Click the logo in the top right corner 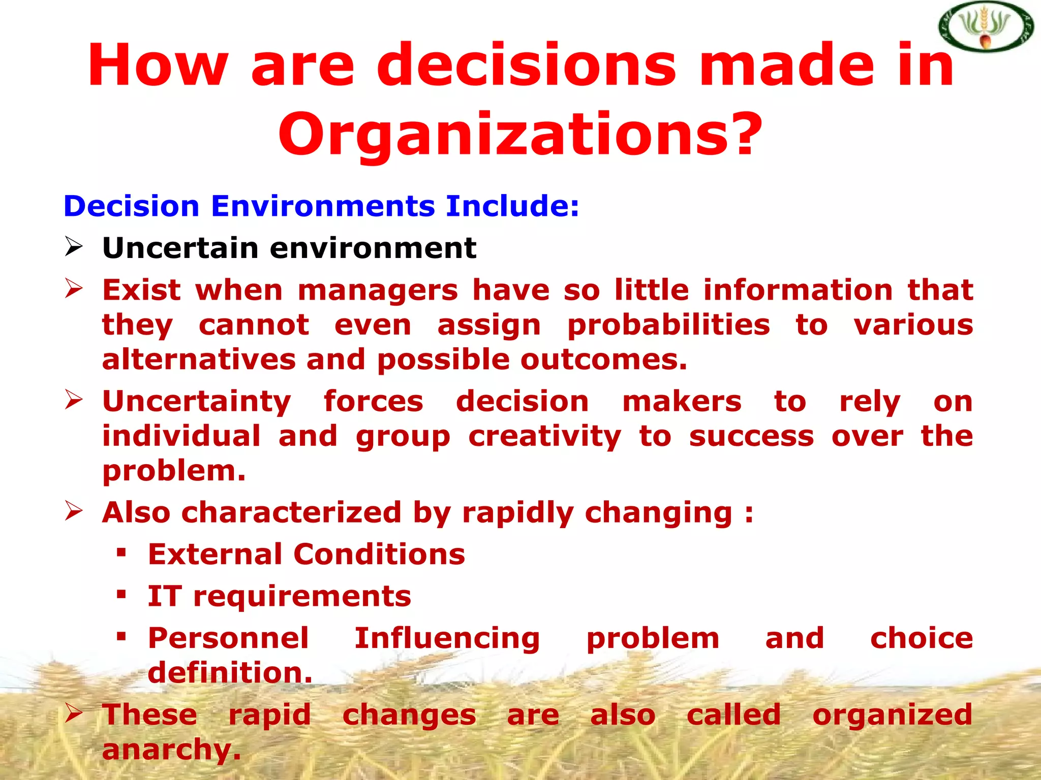pyautogui.click(x=985, y=26)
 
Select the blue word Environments pyautogui.click(x=323, y=206)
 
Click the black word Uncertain pyautogui.click(x=180, y=248)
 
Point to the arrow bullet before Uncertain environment pyautogui.click(x=74, y=247)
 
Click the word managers pyautogui.click(x=378, y=290)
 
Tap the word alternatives pyautogui.click(x=199, y=360)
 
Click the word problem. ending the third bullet pyautogui.click(x=174, y=471)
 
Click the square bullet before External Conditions pyautogui.click(x=121, y=552)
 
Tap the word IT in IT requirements pyautogui.click(x=165, y=596)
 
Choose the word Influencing pyautogui.click(x=447, y=638)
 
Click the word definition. pyautogui.click(x=230, y=673)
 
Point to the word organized pyautogui.click(x=892, y=715)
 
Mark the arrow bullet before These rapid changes pyautogui.click(x=74, y=713)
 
